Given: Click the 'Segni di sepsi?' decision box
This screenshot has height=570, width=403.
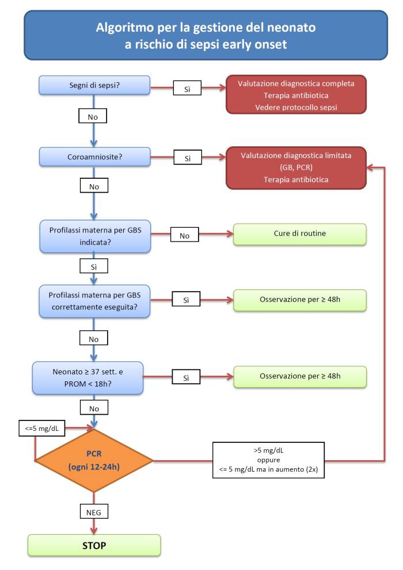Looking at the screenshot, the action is (94, 86).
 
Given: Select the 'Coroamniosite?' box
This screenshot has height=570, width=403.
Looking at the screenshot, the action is (94, 157).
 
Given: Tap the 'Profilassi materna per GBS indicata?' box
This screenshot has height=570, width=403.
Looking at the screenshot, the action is (95, 236).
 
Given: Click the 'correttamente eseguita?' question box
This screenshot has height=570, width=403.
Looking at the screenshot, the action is (94, 301).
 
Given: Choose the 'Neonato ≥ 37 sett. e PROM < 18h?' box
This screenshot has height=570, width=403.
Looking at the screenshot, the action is (88, 378).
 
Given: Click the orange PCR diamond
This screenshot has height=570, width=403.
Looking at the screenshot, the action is (94, 461).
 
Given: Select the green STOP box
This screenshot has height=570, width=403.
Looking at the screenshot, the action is (94, 545).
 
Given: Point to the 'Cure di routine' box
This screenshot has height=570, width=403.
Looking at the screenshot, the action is (300, 234).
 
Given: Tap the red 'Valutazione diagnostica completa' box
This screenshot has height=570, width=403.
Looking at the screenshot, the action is (296, 94).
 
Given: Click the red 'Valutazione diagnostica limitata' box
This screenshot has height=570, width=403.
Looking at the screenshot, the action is (296, 167).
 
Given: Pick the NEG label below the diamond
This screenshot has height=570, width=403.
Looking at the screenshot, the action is (94, 512).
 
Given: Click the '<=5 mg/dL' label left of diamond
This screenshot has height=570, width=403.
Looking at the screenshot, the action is (42, 429).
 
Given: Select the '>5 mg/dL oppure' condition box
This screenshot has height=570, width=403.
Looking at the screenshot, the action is (268, 460).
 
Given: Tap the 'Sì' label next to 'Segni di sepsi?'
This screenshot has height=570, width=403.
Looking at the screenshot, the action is (187, 88).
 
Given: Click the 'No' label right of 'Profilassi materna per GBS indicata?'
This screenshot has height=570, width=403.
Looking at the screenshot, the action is (184, 235).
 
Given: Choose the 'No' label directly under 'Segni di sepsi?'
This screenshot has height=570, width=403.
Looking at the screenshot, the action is (93, 116).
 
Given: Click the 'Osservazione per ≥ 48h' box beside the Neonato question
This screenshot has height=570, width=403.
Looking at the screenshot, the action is (300, 377).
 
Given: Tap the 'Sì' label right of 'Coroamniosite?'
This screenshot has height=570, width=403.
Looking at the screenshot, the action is (188, 158).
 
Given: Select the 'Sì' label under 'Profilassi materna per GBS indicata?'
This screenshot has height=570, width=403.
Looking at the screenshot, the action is (94, 266).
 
